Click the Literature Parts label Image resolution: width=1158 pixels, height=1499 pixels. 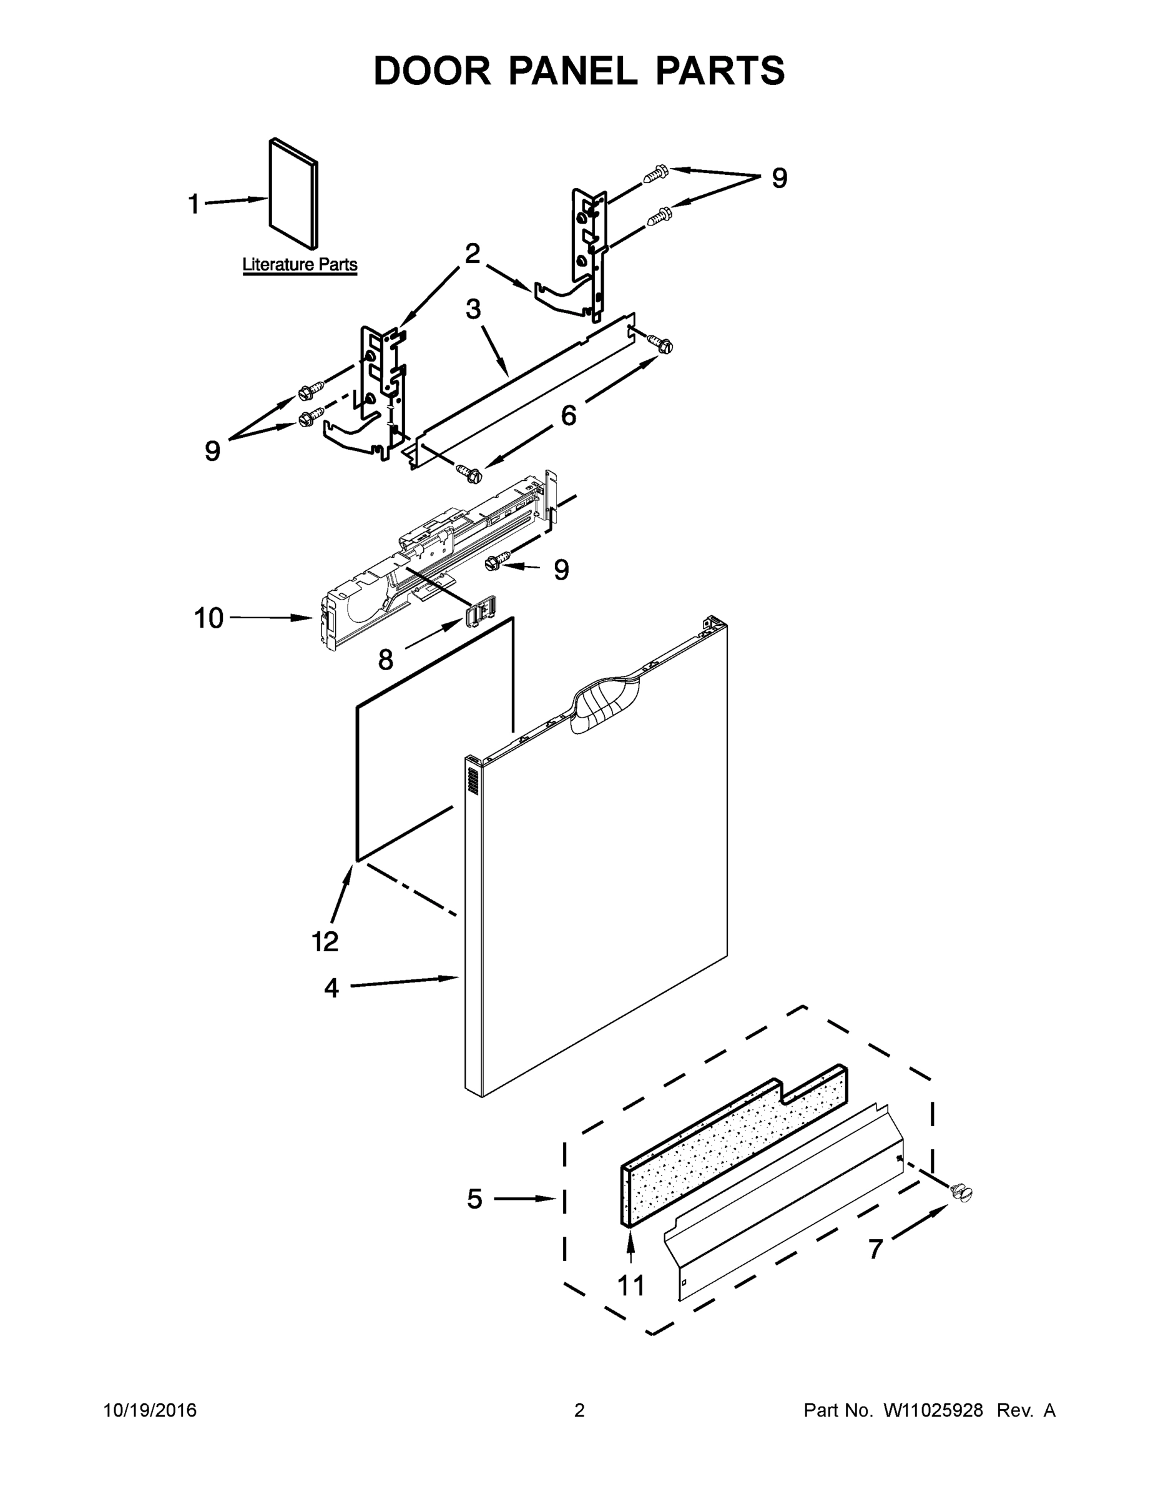300,265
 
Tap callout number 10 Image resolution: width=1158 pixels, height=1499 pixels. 209,618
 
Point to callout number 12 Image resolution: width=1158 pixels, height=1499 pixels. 325,942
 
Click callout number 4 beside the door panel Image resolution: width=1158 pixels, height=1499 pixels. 331,988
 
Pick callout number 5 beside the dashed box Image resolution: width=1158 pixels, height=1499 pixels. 474,1199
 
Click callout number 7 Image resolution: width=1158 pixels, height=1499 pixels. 875,1250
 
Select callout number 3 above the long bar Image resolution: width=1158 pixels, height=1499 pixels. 473,310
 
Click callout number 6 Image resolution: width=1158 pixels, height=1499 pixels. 569,415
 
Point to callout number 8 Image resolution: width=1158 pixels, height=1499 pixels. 386,660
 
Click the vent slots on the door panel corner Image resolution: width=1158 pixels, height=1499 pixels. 472,779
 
